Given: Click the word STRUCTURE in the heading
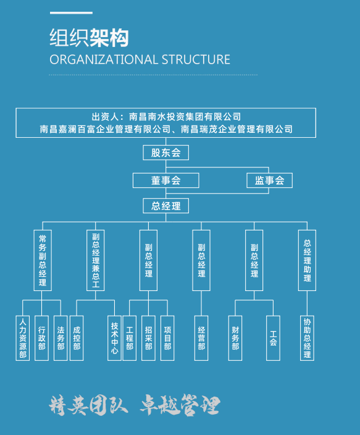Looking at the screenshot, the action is click(196, 60).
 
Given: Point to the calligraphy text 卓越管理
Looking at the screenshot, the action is click(180, 405).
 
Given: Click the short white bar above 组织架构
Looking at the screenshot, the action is click(71, 13).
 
